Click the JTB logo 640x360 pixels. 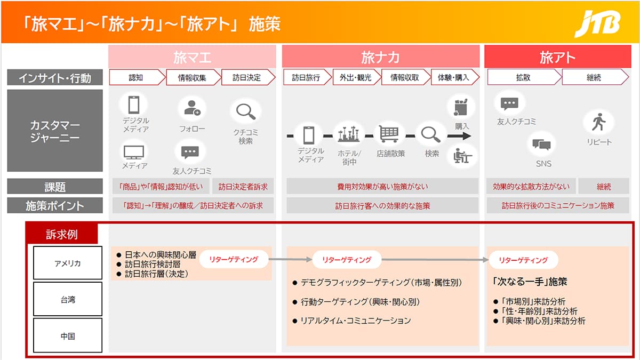[x=598, y=24]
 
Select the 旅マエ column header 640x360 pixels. [x=192, y=57]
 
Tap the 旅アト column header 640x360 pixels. [x=557, y=57]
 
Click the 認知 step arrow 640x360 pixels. [x=137, y=77]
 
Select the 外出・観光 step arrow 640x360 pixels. [x=357, y=77]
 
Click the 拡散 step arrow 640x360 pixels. [x=524, y=77]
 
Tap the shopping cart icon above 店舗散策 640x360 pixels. [x=389, y=134]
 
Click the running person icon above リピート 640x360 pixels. [x=598, y=122]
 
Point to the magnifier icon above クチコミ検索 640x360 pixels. [x=246, y=111]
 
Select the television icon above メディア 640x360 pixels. [x=134, y=153]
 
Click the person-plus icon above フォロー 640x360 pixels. [x=193, y=108]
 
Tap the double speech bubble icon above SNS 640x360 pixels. [x=541, y=145]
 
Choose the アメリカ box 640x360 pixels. [x=68, y=263]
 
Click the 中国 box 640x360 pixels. [x=68, y=335]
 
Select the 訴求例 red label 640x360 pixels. [x=62, y=234]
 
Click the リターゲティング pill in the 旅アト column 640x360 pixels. [x=523, y=260]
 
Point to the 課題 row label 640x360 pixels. [x=55, y=187]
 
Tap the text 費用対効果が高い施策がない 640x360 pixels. [x=382, y=187]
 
